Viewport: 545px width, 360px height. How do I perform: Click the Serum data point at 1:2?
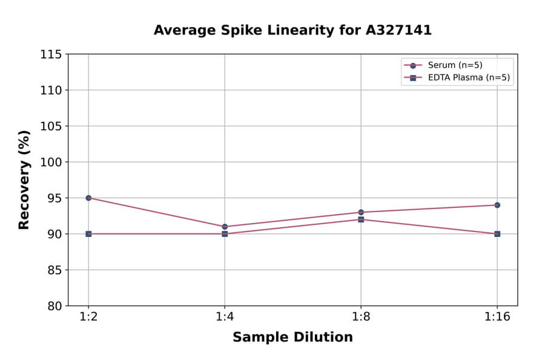click(x=88, y=198)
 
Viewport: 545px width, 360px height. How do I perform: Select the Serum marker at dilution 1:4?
click(x=225, y=227)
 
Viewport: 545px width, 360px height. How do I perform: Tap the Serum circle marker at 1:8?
click(x=361, y=212)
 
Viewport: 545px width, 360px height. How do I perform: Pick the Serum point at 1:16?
click(x=497, y=205)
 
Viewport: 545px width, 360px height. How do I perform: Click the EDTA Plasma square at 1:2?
click(x=88, y=234)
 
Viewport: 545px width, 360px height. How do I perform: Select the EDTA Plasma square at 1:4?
click(x=225, y=234)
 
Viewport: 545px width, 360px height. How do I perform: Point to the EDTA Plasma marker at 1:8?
click(x=361, y=219)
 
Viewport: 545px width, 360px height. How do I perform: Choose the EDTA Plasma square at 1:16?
click(x=497, y=234)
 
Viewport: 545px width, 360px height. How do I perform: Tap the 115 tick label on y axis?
click(x=50, y=55)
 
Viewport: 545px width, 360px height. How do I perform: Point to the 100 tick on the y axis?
click(x=50, y=162)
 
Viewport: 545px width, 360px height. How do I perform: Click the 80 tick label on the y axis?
click(x=54, y=306)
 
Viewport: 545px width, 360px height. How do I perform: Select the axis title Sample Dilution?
click(x=292, y=338)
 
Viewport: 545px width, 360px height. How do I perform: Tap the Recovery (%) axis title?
click(x=24, y=180)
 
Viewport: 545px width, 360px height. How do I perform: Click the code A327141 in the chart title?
click(x=398, y=30)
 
